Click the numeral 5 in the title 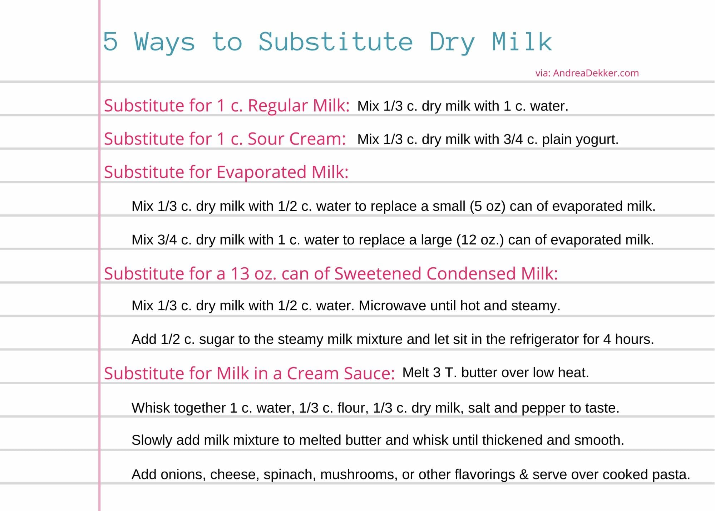110,42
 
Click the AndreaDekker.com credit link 596,73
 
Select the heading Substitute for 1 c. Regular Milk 226,106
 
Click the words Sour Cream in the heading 296,139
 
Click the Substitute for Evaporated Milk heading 226,172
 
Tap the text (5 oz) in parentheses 487,206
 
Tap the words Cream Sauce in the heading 340,374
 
